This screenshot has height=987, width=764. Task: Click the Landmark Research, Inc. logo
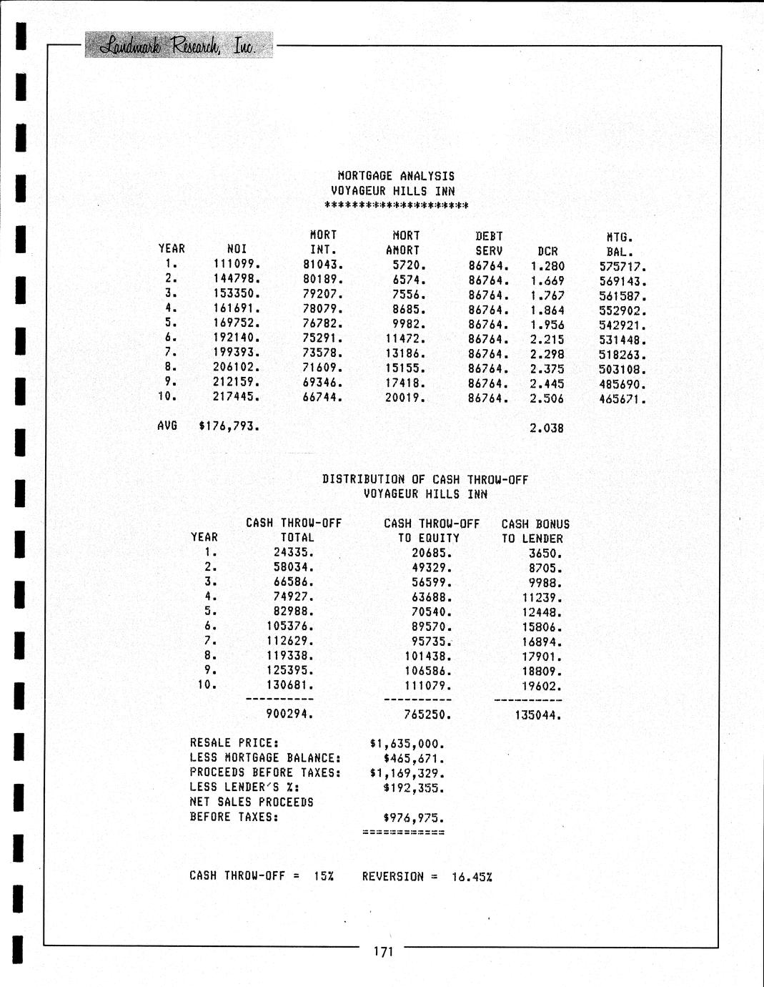point(178,45)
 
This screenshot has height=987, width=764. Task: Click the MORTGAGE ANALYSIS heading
point(396,176)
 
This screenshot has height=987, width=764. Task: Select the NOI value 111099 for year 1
point(237,264)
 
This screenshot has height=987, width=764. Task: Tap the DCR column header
point(547,251)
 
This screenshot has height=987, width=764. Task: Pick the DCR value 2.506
point(547,398)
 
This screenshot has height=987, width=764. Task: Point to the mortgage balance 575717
point(622,267)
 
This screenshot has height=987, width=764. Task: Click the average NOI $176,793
point(229,427)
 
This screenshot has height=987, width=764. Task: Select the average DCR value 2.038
point(547,428)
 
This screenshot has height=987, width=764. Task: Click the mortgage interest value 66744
point(323,397)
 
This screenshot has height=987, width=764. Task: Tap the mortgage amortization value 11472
point(405,339)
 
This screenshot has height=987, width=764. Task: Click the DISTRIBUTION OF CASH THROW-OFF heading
point(425,480)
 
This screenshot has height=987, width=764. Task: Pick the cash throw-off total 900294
point(289,714)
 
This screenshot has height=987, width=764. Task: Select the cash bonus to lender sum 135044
point(538,715)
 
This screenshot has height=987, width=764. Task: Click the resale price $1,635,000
point(407,744)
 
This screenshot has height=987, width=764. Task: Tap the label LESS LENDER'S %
point(244,787)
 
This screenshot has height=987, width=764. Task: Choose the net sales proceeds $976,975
point(414,817)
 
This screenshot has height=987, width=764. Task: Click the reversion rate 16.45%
point(472,877)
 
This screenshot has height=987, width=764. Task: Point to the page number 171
point(383,951)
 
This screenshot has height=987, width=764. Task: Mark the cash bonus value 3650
point(545,554)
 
